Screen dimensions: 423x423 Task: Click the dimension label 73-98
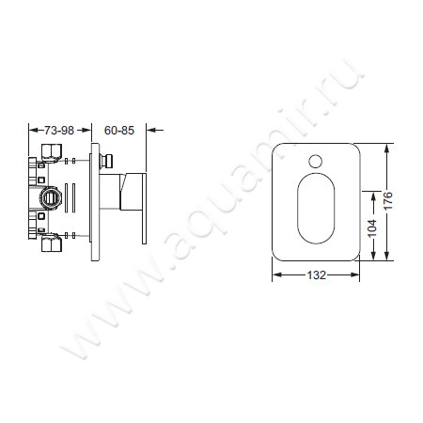59,131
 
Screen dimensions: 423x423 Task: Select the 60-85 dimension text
119,131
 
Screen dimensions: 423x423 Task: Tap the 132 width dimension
316,275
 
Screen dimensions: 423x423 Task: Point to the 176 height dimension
387,201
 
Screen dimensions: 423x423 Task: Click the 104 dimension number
372,228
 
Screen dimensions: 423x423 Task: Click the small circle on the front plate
315,161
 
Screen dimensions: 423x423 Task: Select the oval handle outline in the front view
316,209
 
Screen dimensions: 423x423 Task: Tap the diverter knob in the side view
106,161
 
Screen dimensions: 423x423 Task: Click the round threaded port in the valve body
50,198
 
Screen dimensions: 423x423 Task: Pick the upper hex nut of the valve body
52,150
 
